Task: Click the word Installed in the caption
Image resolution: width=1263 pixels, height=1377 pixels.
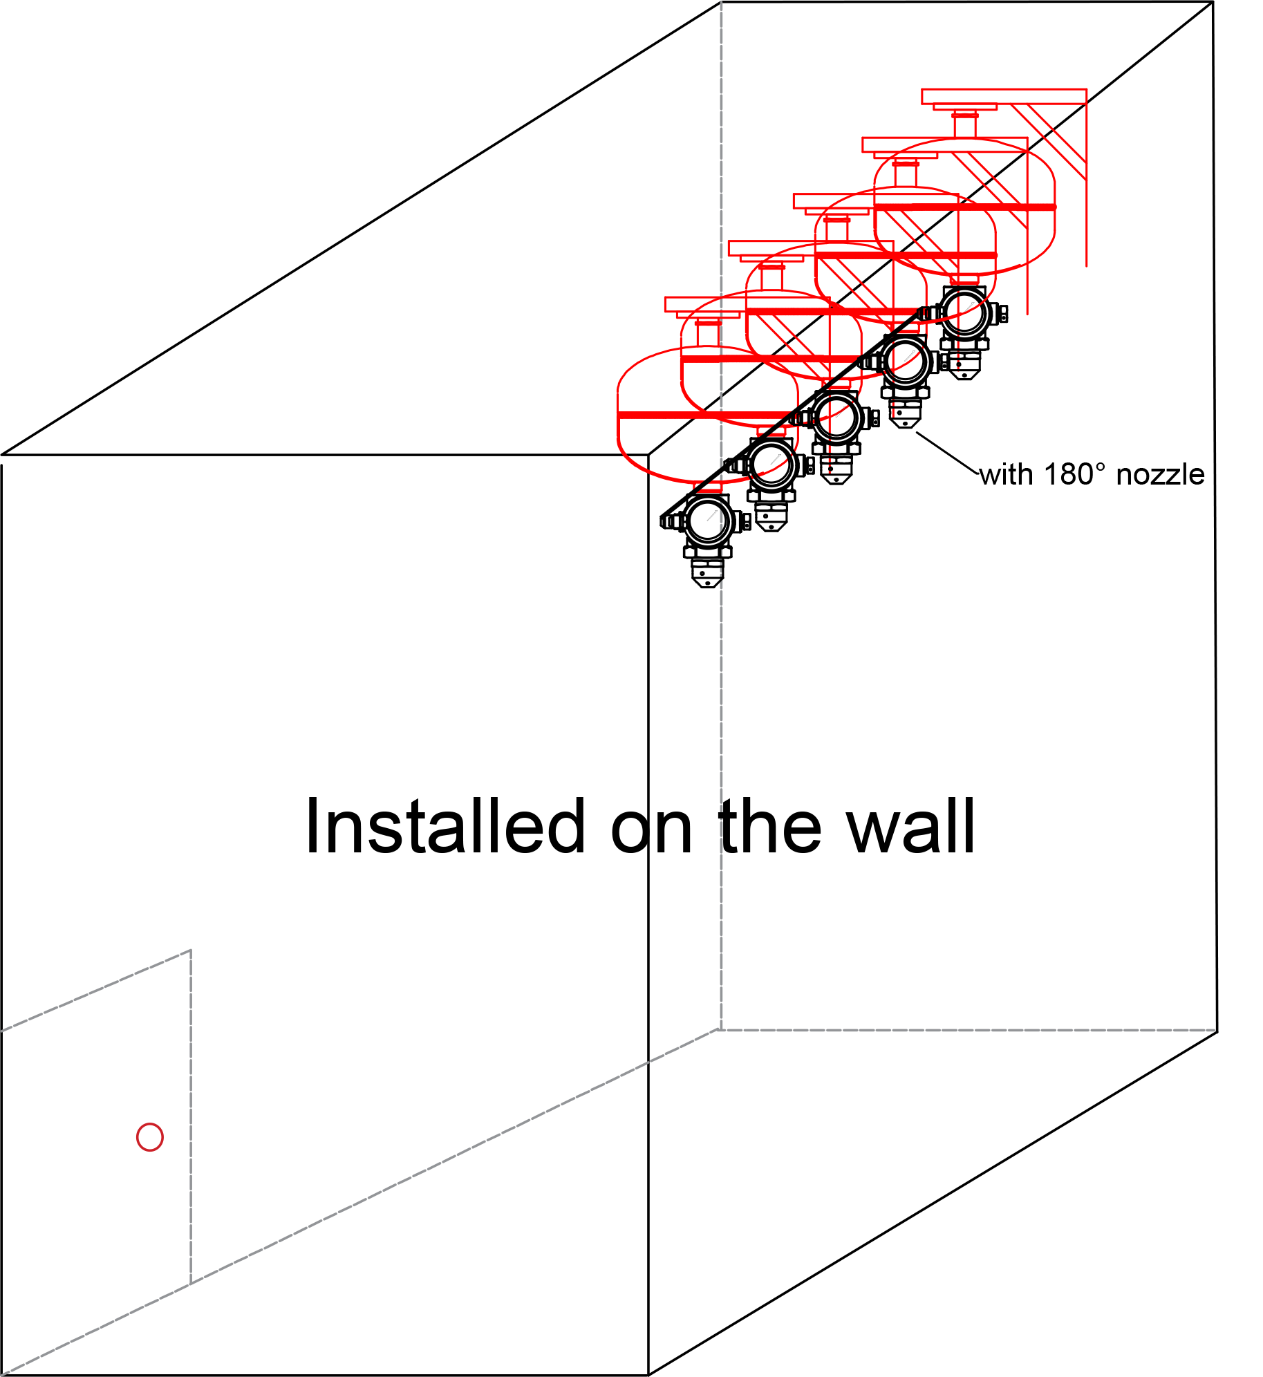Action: tap(446, 826)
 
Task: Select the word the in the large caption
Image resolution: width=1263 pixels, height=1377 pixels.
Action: tap(771, 826)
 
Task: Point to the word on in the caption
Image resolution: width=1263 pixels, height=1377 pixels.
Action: tap(652, 830)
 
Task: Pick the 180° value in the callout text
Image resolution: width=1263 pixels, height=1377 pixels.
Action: tap(1074, 474)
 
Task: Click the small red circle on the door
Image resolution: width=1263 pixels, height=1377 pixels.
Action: tap(150, 1136)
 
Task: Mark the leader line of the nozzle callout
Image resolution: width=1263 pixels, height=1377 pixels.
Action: tap(948, 453)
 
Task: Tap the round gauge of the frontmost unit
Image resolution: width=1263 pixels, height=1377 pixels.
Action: tap(707, 521)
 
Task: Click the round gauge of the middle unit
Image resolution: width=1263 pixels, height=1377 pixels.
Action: tap(836, 418)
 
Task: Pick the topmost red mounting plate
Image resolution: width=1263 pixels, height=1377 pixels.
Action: tap(1004, 96)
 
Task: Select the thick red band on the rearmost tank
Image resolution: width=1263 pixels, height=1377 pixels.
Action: tap(965, 207)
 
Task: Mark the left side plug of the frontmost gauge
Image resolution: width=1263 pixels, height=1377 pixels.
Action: tap(670, 521)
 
